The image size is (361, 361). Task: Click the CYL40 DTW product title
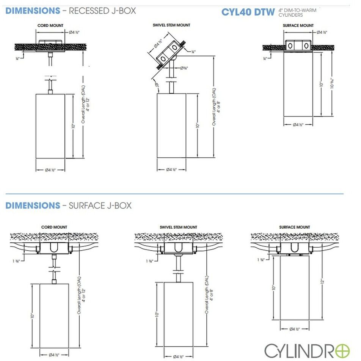(x=248, y=12)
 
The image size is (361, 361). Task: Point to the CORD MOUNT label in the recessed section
(x=50, y=25)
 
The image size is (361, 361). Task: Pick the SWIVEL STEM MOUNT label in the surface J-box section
(x=179, y=227)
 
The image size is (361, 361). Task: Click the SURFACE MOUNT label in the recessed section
(x=298, y=25)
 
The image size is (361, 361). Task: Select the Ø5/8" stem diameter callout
(x=184, y=68)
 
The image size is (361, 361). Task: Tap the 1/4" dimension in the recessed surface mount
(x=265, y=58)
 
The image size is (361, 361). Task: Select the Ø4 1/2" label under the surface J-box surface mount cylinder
(x=294, y=329)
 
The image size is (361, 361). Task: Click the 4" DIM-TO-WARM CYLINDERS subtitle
(x=295, y=13)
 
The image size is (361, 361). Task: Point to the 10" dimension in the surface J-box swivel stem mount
(x=156, y=314)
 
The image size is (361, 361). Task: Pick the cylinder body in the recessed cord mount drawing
(x=50, y=125)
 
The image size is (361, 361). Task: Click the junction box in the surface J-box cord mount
(x=54, y=248)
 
